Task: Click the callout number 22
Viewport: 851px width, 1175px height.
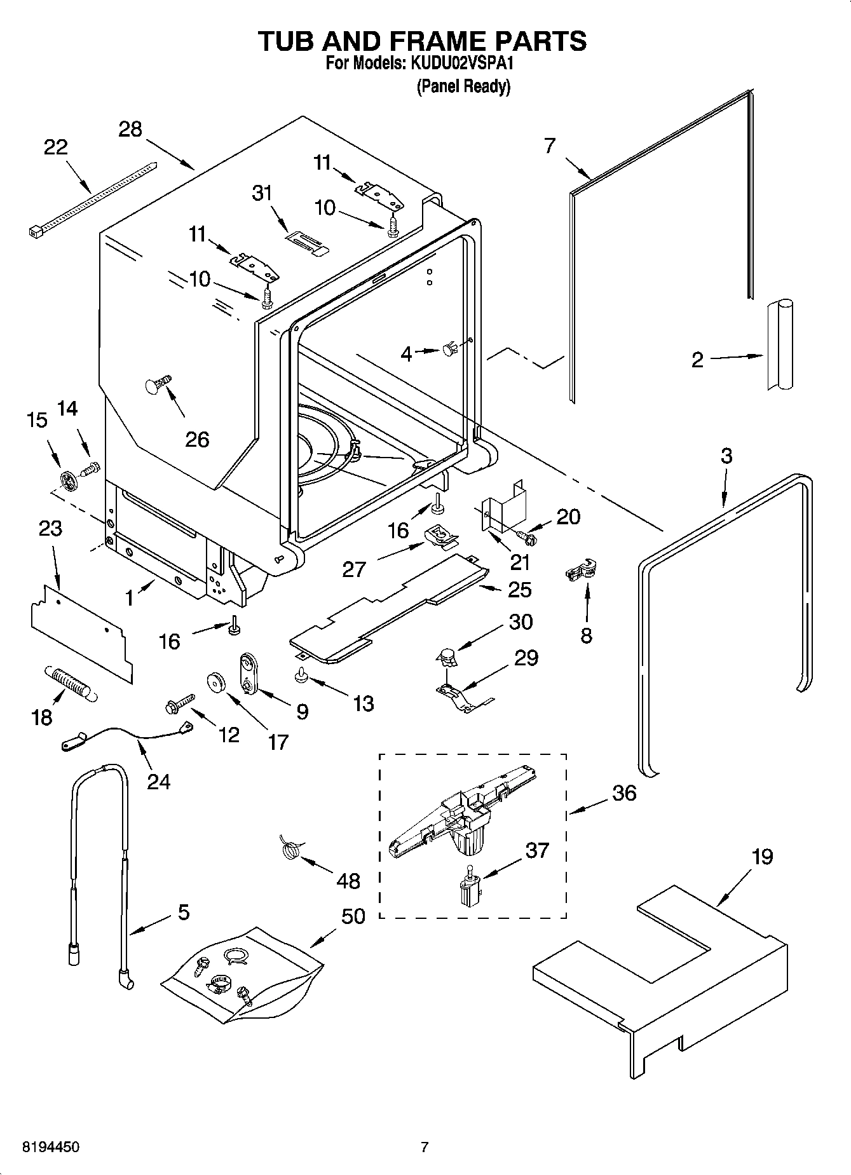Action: [55, 147]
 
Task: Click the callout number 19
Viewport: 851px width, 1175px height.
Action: [762, 857]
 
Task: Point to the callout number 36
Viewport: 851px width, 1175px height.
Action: [624, 793]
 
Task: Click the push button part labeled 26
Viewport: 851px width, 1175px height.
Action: [157, 384]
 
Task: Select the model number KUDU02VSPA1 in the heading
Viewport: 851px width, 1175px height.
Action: [461, 64]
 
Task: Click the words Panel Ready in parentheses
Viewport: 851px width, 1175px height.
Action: [463, 86]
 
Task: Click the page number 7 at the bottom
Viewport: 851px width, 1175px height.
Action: [425, 1147]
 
